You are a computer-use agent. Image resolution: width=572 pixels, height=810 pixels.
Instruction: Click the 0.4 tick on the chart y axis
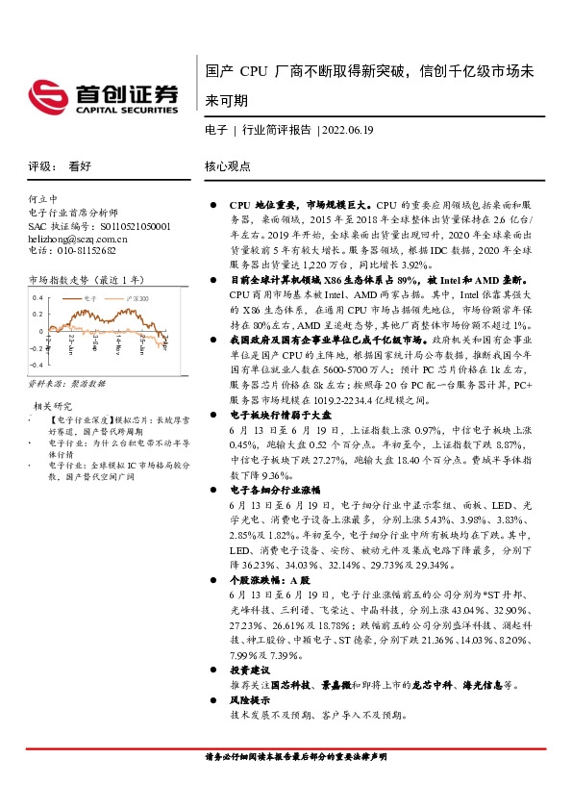38,298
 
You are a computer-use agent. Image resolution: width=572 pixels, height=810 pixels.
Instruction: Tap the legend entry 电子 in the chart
90,299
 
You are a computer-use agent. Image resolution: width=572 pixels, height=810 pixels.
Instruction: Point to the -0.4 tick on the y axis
37,366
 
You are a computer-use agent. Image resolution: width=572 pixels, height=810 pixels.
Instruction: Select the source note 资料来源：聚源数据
66,383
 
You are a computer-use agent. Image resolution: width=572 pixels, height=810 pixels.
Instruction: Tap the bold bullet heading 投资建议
247,669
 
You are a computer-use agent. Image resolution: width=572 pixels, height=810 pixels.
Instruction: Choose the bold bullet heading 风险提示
247,701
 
